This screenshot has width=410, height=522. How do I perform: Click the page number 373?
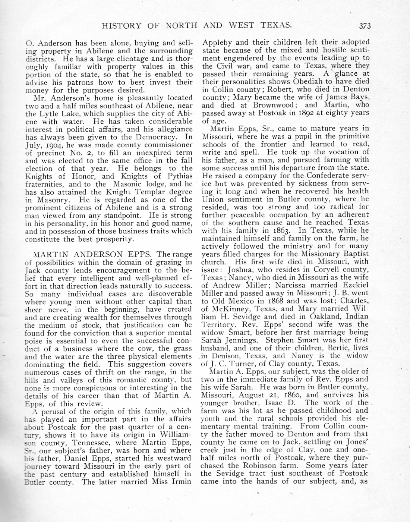365,26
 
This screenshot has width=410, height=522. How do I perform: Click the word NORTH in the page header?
181,26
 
